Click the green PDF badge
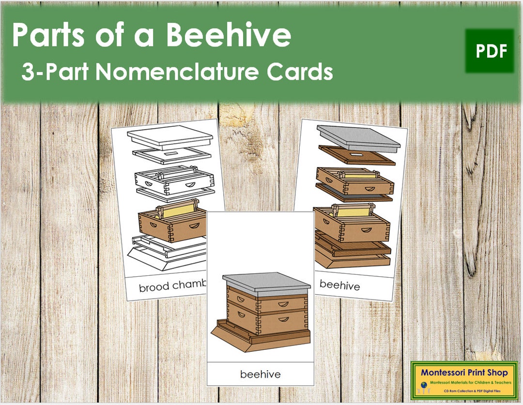[x=490, y=51]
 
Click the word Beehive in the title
[x=237, y=35]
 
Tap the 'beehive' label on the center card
[x=260, y=374]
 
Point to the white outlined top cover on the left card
[x=170, y=136]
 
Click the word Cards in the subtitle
[x=303, y=72]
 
